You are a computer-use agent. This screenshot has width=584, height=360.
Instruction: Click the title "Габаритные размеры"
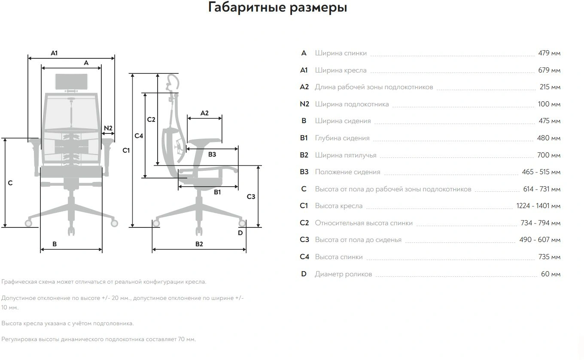click(277, 8)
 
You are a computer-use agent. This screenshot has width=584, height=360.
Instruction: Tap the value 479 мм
click(549, 53)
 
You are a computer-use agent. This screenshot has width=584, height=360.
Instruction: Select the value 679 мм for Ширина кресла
click(549, 70)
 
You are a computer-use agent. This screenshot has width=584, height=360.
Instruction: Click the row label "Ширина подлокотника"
click(352, 104)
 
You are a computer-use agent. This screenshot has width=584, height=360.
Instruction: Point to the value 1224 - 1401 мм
click(538, 206)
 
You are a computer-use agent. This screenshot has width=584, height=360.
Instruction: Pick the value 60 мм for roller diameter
click(551, 274)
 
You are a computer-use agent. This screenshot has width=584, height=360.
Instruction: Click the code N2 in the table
click(304, 104)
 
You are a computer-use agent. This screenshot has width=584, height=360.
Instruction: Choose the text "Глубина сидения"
click(342, 138)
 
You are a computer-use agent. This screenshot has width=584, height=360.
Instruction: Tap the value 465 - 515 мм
click(541, 172)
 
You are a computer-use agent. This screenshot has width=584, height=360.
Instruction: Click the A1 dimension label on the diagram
click(54, 53)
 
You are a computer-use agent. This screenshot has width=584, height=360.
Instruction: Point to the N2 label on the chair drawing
click(108, 128)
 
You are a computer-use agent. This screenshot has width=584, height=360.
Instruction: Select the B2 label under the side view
click(199, 244)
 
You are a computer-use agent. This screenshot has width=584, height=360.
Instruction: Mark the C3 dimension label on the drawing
click(251, 197)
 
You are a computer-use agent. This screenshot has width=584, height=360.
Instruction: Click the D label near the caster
click(240, 233)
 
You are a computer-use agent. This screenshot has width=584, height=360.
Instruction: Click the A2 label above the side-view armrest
click(204, 113)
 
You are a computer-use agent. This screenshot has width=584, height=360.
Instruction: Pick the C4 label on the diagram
click(138, 136)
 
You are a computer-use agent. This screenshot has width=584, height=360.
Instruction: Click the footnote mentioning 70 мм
click(98, 339)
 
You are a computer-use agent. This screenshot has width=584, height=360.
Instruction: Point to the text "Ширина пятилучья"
click(345, 155)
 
